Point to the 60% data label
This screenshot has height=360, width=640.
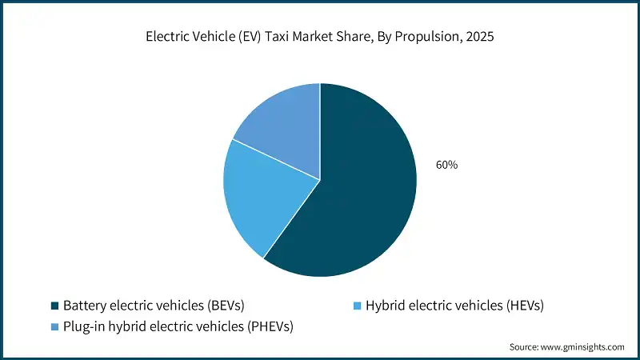(446, 165)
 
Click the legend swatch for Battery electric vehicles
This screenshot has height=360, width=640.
(54, 306)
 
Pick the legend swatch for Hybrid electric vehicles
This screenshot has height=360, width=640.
(358, 306)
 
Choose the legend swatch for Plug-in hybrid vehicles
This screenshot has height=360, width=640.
(54, 326)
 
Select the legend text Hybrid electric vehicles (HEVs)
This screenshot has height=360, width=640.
(455, 306)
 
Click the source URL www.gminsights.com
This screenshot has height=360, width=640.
(582, 347)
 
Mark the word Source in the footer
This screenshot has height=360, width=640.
(525, 347)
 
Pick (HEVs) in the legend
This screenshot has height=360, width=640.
(523, 306)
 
